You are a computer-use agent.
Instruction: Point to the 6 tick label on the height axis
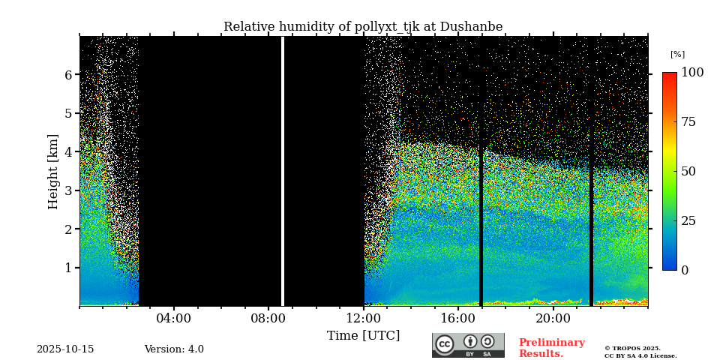[x=67, y=75]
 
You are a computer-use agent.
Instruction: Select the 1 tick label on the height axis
[x=67, y=268]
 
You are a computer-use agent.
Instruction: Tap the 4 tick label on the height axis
[x=67, y=152]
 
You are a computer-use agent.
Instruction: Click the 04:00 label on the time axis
[x=173, y=319]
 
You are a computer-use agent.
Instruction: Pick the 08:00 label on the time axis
[x=268, y=319]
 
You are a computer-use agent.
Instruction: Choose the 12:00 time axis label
[x=364, y=319]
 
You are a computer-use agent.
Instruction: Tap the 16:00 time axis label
[x=458, y=319]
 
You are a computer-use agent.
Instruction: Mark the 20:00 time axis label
[x=553, y=319]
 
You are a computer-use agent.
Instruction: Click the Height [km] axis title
[x=53, y=171]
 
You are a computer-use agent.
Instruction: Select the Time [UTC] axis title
[x=363, y=336]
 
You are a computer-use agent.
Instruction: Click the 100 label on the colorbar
[x=692, y=73]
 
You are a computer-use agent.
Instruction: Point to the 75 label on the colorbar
[x=688, y=122]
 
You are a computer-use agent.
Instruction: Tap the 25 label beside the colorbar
[x=688, y=221]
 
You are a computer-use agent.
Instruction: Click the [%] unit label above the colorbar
[x=677, y=55]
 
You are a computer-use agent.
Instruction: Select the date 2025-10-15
[x=65, y=349]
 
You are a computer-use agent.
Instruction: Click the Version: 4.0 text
[x=174, y=349]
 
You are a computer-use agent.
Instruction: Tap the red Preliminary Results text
[x=551, y=348]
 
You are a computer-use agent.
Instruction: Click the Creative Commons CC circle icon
[x=445, y=344]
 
